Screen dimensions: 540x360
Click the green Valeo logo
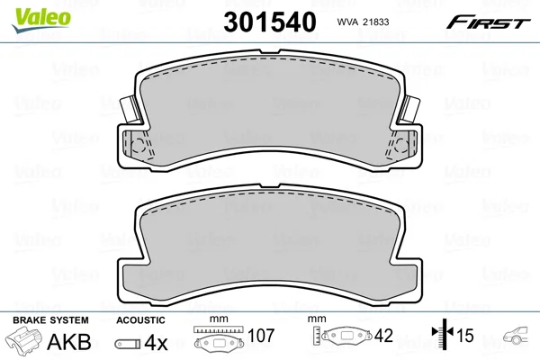coord(41,20)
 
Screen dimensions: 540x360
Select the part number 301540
coord(270,22)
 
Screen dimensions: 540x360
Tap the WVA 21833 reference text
coord(363,22)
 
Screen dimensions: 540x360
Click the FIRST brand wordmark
coord(488,22)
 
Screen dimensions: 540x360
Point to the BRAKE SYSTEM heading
coord(50,320)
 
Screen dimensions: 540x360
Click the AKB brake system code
coord(69,342)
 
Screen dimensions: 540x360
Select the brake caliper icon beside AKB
coord(24,339)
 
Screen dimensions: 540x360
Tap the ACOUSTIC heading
coord(140,320)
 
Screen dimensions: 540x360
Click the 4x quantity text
coord(156,342)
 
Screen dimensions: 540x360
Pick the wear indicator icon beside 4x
coord(128,344)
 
